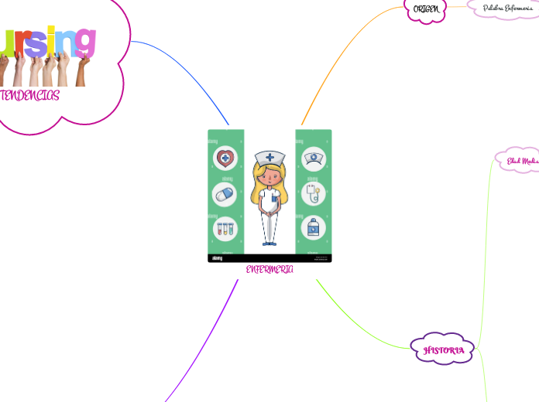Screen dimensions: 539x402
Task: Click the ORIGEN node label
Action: (426, 9)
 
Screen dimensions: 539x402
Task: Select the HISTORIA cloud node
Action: (443, 350)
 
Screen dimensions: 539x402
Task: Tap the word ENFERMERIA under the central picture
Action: (269, 269)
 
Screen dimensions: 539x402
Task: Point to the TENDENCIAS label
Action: (29, 95)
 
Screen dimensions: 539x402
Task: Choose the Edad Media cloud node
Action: (521, 162)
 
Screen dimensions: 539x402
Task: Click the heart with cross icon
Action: (225, 159)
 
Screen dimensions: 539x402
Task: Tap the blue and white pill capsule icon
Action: (225, 194)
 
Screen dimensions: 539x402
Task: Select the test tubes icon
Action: (225, 228)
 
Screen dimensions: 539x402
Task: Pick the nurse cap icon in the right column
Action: (314, 159)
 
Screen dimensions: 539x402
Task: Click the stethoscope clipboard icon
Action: (314, 193)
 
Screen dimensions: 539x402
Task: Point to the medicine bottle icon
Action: (314, 228)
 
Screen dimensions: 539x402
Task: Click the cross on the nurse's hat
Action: (269, 157)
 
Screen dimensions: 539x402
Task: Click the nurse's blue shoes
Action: (269, 244)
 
